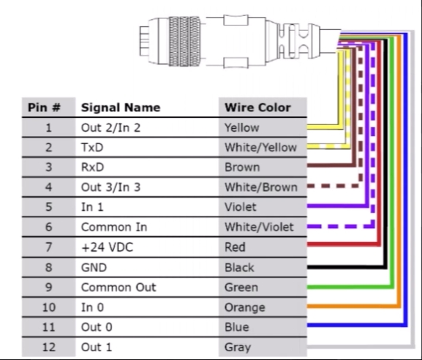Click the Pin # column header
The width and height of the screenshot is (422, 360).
click(x=44, y=108)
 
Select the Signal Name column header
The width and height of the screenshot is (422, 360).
click(x=121, y=108)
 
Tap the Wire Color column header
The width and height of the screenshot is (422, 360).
click(x=257, y=108)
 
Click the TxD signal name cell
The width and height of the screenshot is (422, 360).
click(x=92, y=147)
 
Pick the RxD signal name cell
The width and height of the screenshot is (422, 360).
click(x=92, y=168)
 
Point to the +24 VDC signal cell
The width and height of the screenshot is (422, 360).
click(x=107, y=247)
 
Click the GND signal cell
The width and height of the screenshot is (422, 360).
click(x=94, y=267)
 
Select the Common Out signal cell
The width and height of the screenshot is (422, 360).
click(x=118, y=288)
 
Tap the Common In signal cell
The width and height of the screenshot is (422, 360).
click(x=114, y=227)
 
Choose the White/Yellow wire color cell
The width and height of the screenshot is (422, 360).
click(x=260, y=147)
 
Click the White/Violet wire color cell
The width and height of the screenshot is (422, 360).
click(x=259, y=227)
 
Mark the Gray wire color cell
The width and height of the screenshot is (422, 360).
click(x=238, y=347)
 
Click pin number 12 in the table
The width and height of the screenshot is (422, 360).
click(x=49, y=347)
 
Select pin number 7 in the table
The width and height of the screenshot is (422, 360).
click(x=48, y=247)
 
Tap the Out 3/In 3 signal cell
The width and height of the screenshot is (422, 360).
click(x=110, y=187)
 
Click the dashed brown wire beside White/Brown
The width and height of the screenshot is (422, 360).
click(x=333, y=186)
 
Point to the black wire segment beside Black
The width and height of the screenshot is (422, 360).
click(x=347, y=267)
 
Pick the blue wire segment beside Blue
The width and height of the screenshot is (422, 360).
click(x=357, y=325)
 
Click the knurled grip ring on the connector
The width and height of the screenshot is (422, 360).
click(x=184, y=41)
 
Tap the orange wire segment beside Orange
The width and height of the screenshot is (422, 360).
click(x=353, y=306)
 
